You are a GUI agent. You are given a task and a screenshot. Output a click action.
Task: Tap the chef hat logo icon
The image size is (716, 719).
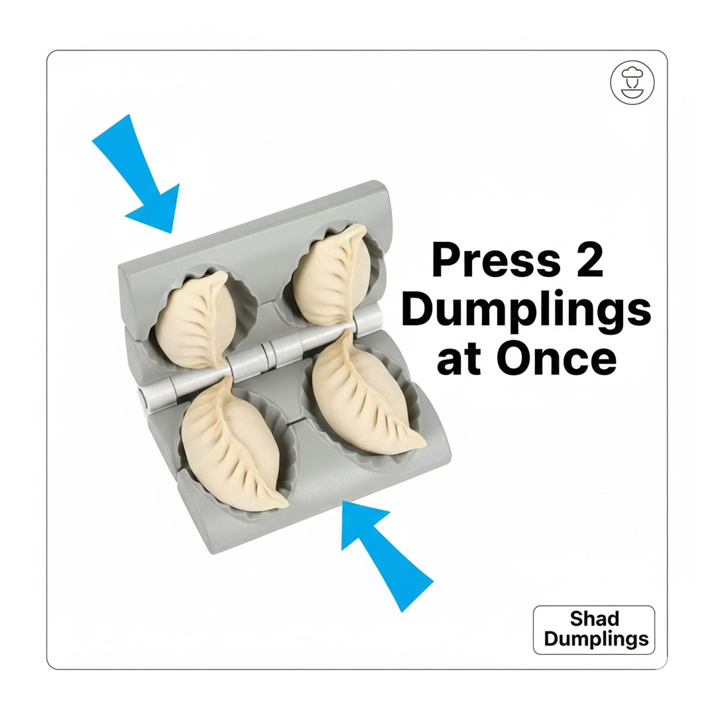click(632, 83)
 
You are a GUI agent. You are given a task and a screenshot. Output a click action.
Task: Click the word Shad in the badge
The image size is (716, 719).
click(594, 619)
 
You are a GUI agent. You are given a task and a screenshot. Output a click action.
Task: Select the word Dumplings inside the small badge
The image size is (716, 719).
click(594, 639)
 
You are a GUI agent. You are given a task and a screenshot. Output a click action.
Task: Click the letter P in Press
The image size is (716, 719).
click(444, 261)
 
